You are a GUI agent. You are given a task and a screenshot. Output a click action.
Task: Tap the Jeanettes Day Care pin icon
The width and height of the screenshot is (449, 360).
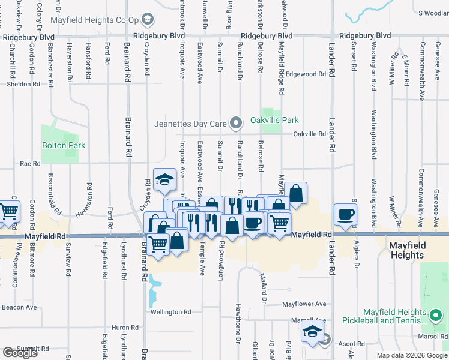tap(236, 124)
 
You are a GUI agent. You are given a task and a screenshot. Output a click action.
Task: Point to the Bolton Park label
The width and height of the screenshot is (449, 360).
tap(64, 145)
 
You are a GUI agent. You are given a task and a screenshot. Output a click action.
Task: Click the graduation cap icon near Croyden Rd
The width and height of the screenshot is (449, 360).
tap(164, 179)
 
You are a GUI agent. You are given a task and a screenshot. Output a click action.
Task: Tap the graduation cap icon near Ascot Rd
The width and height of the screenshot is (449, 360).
tap(312, 331)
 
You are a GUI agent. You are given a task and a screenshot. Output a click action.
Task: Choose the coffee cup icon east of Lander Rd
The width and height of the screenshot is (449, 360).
tap(345, 215)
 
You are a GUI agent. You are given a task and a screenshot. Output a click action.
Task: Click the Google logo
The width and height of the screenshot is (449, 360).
tap(20, 353)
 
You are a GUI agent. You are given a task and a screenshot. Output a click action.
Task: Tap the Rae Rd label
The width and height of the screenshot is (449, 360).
tap(30, 163)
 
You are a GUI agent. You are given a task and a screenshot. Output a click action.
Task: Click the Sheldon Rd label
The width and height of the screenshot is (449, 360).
tap(23, 84)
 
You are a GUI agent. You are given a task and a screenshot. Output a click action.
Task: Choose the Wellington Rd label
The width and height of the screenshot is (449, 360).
tap(170, 312)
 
